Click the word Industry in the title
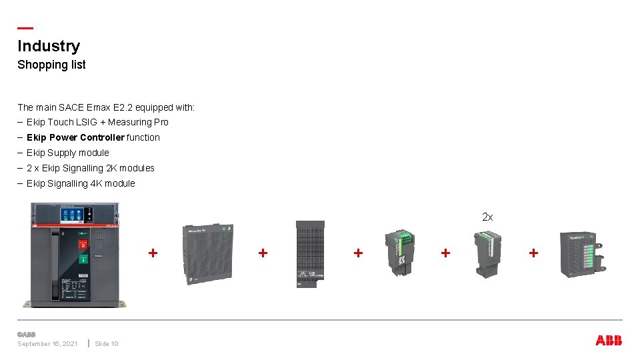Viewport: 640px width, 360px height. (49, 46)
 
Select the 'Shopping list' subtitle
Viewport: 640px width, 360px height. (51, 65)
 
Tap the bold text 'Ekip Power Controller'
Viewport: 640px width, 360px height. (75, 137)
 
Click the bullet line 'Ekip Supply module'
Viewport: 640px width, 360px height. (67, 153)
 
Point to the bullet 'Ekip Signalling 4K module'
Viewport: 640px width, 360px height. (81, 183)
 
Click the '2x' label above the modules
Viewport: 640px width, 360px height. (487, 217)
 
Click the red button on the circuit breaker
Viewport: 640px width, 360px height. (83, 245)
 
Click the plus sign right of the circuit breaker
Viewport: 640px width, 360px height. (153, 253)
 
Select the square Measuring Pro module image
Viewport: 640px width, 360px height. (208, 254)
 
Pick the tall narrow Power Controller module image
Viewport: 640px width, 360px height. (310, 254)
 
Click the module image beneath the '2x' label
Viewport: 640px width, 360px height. (487, 254)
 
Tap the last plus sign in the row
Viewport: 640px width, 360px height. (533, 253)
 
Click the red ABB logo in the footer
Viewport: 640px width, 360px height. (608, 341)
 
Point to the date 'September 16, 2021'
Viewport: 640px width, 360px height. (47, 344)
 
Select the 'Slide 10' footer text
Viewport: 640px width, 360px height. (106, 344)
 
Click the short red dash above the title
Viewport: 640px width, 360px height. (25, 28)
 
